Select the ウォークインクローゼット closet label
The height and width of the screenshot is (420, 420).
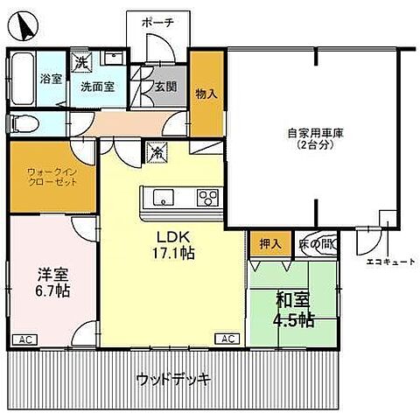tap(51, 175)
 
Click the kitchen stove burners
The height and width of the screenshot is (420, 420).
tap(207, 195)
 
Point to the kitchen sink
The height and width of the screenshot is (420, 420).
tap(164, 195)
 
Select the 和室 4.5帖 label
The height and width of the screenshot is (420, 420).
tap(292, 309)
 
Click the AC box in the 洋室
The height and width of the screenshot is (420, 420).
tap(24, 339)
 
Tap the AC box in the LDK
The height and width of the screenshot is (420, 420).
tap(226, 339)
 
